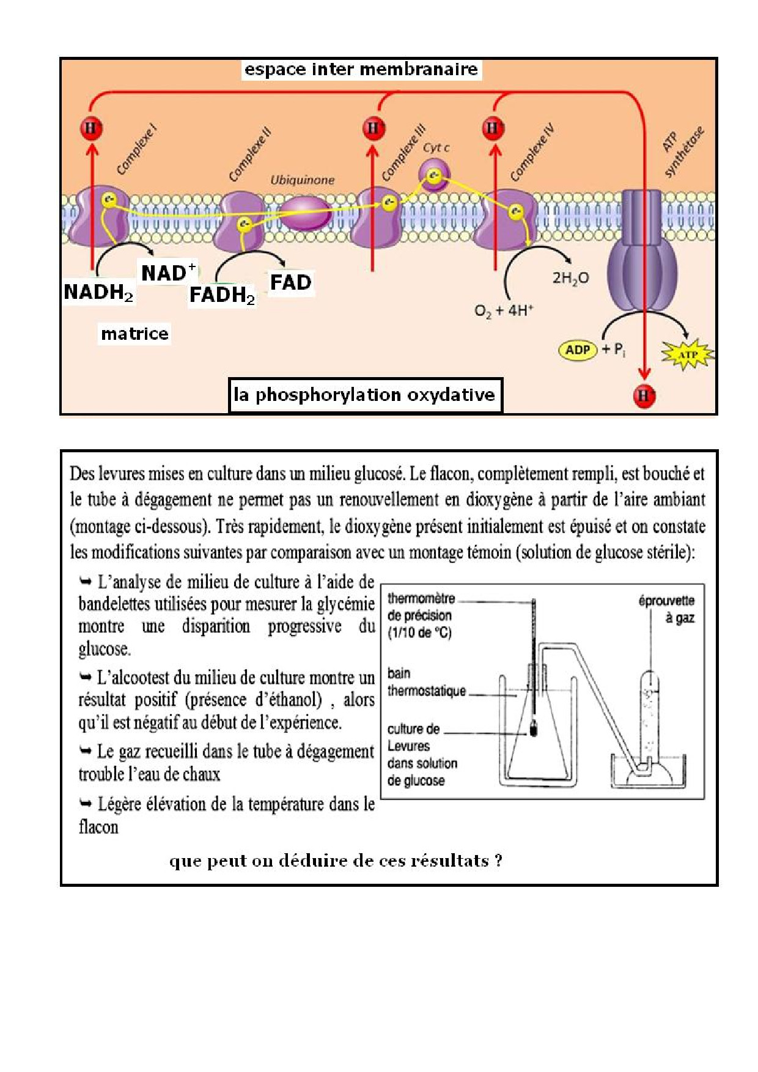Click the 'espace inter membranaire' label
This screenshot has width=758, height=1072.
pos(361,69)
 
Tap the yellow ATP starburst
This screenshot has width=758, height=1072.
pos(688,354)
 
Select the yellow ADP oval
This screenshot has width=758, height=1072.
pos(578,350)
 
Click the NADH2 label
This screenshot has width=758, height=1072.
pos(98,292)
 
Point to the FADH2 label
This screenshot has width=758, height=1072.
pos(222,295)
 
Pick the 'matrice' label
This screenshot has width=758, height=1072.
pos(134,334)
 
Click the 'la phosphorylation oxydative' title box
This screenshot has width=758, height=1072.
pos(365,395)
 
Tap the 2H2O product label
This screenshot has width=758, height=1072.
pos(570,279)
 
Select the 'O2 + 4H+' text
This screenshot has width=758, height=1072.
pos(504,310)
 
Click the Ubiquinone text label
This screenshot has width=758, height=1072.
pos(303,180)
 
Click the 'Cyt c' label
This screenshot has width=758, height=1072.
pos(436,148)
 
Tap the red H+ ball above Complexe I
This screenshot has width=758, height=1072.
pos(92,129)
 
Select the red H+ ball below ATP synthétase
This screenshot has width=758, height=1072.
pos(644,395)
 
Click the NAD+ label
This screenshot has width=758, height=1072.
pos(168,273)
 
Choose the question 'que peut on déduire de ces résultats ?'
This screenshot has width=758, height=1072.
pos(336,861)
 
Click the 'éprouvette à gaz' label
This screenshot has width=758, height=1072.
pos(666,609)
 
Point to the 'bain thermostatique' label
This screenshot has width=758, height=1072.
pos(426,682)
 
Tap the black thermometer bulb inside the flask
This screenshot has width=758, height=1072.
pos(534,729)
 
